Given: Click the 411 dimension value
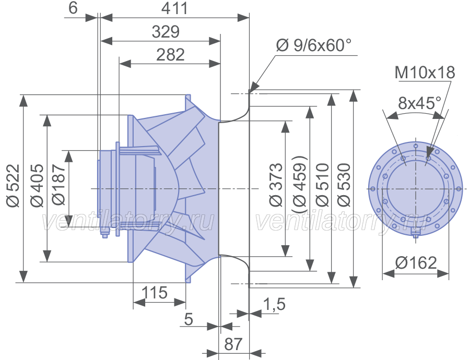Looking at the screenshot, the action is click(174, 8).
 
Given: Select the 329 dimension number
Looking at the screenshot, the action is click(166, 31).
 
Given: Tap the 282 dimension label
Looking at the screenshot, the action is click(170, 54).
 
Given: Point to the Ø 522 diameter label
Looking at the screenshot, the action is click(14, 185).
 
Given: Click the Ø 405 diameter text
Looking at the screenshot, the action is click(37, 185).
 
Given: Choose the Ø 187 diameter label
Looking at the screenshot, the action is click(58, 184).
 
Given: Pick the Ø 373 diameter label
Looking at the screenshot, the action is click(276, 185).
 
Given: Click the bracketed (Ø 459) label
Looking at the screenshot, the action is click(299, 184).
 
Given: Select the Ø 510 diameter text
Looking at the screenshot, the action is click(322, 185).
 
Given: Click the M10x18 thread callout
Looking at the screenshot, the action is click(425, 73).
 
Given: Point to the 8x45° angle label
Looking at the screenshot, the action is click(420, 103).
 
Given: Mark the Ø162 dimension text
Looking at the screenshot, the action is click(416, 263).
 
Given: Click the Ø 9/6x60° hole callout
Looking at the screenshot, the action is click(313, 45).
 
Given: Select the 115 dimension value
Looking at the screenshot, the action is click(154, 293).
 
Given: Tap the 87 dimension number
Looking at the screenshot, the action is click(233, 344).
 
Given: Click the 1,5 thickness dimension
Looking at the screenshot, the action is click(274, 304).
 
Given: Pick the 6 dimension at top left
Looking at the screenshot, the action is click(73, 8).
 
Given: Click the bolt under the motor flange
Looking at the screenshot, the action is click(104, 234).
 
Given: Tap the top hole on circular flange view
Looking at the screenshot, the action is click(416, 146).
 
